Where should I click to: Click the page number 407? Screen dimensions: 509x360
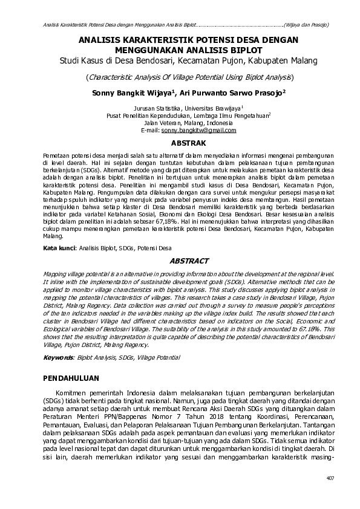click(330, 478)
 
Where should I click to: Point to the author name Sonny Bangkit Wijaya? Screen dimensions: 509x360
click(133, 93)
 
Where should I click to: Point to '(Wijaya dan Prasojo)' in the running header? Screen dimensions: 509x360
click(307, 25)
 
